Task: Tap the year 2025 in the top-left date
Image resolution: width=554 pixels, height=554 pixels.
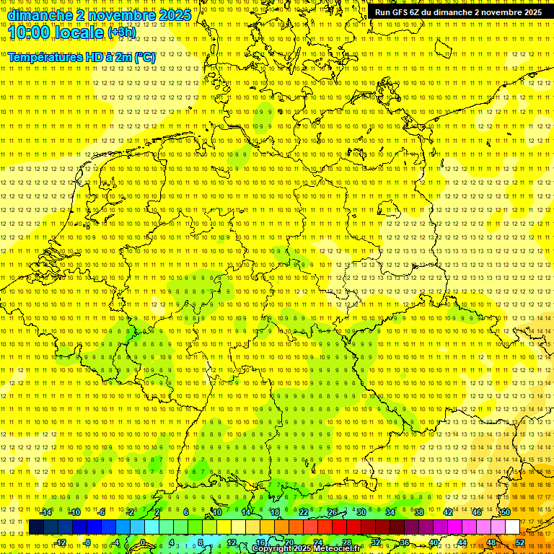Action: coord(173,15)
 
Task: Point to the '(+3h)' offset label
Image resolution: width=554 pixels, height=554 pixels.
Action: coord(120,32)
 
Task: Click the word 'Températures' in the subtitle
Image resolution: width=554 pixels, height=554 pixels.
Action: coord(47,56)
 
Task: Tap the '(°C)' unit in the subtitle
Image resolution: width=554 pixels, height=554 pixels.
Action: coord(144,56)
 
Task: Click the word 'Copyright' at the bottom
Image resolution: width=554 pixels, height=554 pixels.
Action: coord(273,549)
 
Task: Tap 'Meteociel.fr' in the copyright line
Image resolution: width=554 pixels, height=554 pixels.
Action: coord(337,549)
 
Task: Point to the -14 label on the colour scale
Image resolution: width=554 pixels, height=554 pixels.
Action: coord(45,512)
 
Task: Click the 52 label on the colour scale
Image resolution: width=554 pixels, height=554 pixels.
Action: coord(520,542)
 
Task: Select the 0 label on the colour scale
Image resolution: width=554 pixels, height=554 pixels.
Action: coord(143,542)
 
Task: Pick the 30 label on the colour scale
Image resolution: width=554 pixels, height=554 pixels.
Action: coord(361,512)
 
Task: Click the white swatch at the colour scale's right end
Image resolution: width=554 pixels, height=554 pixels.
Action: coord(512,527)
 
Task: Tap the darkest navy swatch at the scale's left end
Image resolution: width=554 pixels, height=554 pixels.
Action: coord(36,527)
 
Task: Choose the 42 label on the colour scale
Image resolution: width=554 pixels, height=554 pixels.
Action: coord(447,512)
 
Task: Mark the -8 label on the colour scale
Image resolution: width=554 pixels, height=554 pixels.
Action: coord(87,542)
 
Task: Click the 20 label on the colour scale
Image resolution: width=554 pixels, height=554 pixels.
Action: coord(289,542)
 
